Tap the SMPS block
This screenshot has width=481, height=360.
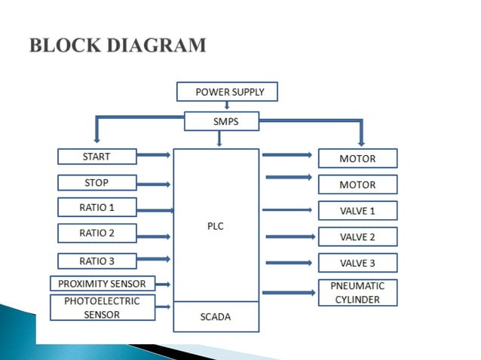click(x=222, y=121)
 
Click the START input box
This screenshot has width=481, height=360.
click(x=97, y=157)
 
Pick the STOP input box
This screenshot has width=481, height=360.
click(x=97, y=182)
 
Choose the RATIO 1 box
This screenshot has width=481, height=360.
click(x=97, y=207)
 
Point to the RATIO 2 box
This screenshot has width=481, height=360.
click(x=97, y=233)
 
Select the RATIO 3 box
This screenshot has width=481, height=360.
click(x=97, y=261)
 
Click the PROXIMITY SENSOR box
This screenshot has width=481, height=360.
click(x=102, y=284)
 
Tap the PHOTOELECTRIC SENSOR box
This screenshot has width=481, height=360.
click(x=102, y=307)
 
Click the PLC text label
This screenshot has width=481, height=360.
click(x=216, y=225)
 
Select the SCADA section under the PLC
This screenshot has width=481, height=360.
click(x=216, y=316)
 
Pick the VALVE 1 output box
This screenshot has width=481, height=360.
click(x=357, y=210)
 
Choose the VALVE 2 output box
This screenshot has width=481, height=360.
click(x=357, y=236)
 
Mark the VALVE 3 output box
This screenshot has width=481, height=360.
click(x=357, y=263)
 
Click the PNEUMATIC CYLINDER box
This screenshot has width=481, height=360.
click(x=357, y=292)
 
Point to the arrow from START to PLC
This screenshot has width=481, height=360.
click(x=154, y=156)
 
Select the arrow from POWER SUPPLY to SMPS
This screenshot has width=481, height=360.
click(x=227, y=105)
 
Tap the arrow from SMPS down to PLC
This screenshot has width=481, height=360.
click(x=219, y=138)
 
